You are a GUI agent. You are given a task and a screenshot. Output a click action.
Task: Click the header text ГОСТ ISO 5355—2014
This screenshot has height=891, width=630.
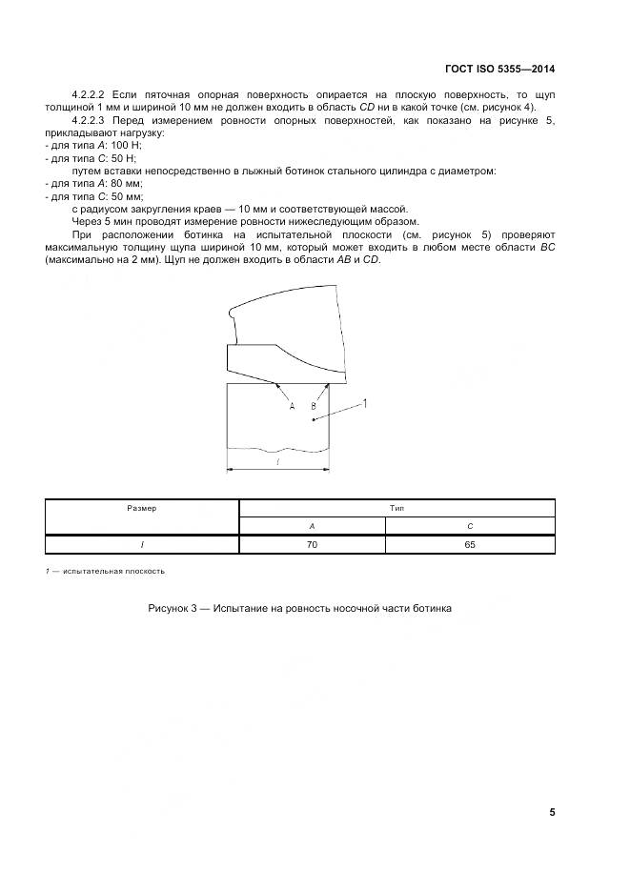click(499, 70)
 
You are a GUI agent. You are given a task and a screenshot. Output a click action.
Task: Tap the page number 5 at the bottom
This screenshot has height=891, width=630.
click(552, 812)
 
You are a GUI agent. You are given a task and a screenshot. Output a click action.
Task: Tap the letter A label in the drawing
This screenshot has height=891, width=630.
click(293, 406)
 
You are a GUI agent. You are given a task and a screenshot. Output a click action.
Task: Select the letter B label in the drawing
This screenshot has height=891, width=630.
click(313, 406)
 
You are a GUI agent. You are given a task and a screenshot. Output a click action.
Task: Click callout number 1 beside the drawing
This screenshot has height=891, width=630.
click(364, 403)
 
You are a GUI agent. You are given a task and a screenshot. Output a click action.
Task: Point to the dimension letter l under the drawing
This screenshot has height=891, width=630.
click(277, 460)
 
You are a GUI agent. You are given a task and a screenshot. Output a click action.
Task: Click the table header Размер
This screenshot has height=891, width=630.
click(142, 509)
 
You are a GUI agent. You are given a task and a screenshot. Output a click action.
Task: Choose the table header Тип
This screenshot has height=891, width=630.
click(396, 509)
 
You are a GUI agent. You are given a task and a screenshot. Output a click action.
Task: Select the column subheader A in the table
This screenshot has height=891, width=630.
click(312, 526)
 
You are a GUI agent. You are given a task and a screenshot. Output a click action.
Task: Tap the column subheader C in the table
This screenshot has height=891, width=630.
click(470, 526)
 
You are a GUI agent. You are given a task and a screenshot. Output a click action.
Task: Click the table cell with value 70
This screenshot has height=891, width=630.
click(312, 544)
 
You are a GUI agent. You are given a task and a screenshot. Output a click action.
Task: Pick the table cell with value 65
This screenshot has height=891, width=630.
click(470, 544)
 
